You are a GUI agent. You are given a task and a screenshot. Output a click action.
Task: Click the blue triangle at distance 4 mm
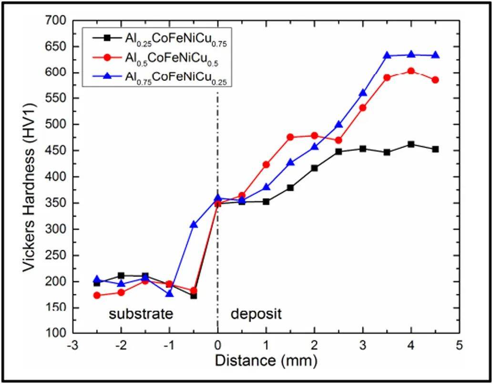(411, 55)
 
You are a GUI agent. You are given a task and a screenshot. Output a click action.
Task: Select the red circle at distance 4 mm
(411, 71)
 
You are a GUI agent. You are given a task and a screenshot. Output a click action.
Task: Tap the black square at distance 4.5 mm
(435, 149)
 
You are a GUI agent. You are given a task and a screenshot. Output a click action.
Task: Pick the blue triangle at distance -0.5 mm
(194, 224)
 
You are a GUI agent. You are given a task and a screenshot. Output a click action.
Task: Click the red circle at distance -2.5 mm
(97, 295)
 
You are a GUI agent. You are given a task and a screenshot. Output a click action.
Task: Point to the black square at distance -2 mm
(121, 275)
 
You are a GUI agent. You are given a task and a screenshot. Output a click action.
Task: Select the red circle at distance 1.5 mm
(290, 137)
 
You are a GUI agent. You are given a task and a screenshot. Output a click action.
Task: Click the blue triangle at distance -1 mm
(169, 294)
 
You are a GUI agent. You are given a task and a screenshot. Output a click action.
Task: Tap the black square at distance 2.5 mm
(339, 151)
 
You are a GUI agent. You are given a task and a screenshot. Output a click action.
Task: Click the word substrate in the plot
(140, 314)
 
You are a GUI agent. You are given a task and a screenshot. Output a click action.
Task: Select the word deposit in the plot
(256, 314)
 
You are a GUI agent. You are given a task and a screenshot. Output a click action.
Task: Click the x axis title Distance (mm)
(265, 360)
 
